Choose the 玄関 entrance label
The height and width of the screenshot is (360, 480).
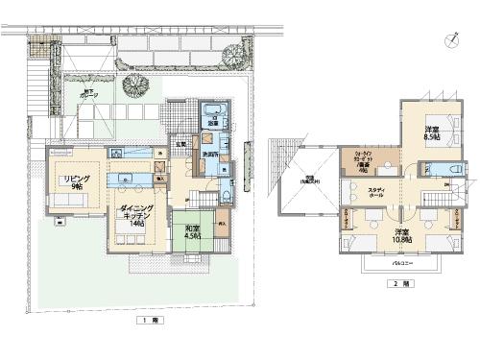click(x=180, y=146)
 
